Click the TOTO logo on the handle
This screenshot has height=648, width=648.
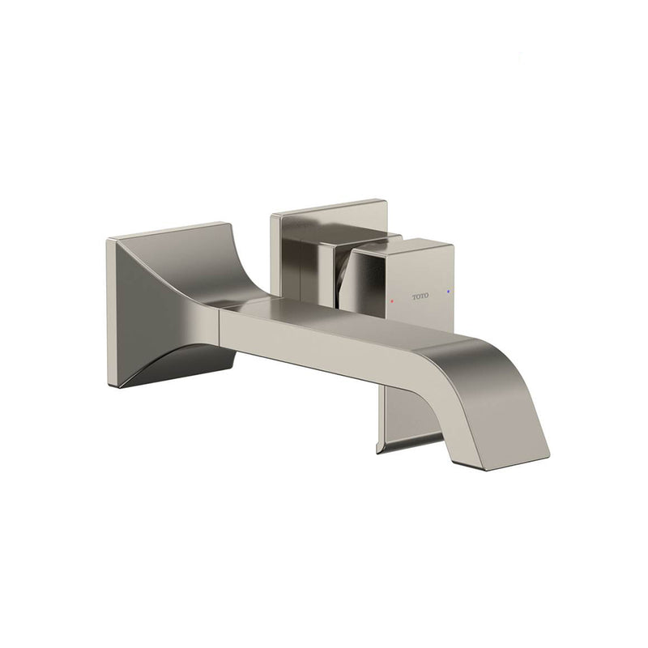[x=420, y=297]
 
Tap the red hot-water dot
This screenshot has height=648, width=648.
[x=394, y=299]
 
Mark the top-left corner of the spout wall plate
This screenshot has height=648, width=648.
[x=109, y=237]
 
